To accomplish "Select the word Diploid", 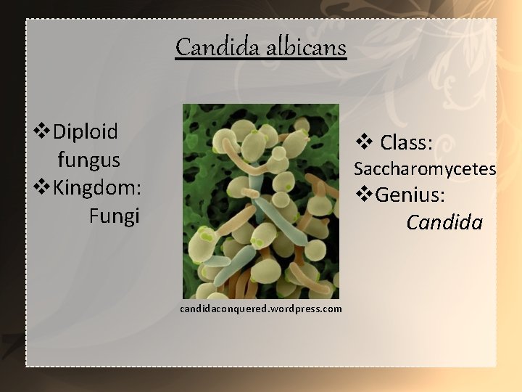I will click(85, 131).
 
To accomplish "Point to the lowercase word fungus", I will click(88, 160).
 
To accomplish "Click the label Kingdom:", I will click(96, 187).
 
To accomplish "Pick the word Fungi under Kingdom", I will click(114, 216).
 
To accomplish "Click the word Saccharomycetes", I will click(424, 169).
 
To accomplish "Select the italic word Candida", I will click(444, 222).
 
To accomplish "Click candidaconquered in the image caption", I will click(223, 309).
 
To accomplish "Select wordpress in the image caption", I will click(297, 309).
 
